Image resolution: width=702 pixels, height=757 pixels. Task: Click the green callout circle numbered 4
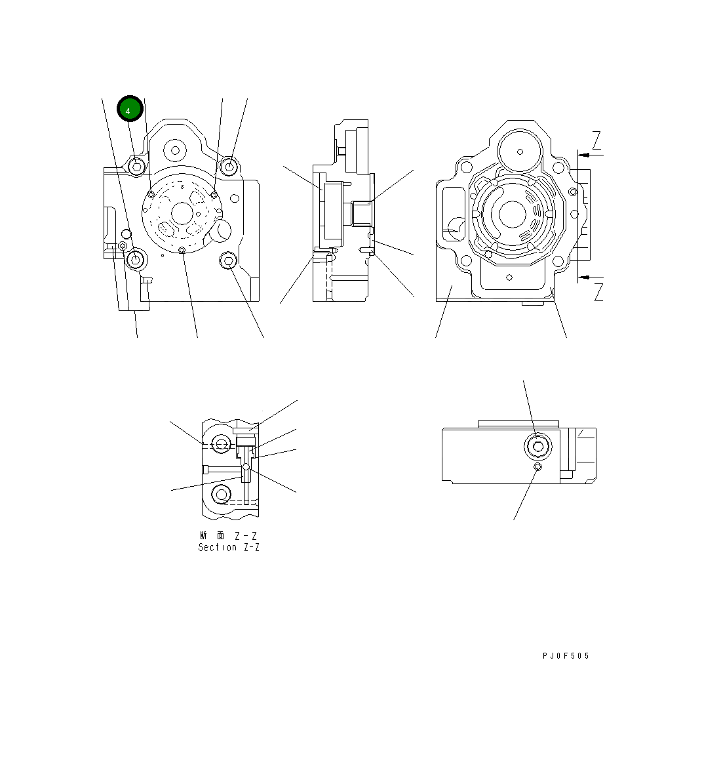pyautogui.click(x=129, y=109)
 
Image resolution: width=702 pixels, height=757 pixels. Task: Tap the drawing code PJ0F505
pyautogui.click(x=566, y=656)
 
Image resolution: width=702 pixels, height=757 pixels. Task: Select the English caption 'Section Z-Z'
pyautogui.click(x=229, y=547)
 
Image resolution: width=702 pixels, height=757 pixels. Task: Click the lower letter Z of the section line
pyautogui.click(x=598, y=293)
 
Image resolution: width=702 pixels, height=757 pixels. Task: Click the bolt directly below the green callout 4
pyautogui.click(x=136, y=167)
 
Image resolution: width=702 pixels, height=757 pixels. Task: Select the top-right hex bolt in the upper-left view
pyautogui.click(x=229, y=167)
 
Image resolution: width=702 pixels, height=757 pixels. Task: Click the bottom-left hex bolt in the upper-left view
pyautogui.click(x=136, y=260)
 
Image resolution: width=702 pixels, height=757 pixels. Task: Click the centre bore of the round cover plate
pyautogui.click(x=182, y=213)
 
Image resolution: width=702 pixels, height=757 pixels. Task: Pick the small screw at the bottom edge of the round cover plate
pyautogui.click(x=182, y=249)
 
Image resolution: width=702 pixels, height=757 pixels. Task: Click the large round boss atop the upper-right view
pyautogui.click(x=520, y=152)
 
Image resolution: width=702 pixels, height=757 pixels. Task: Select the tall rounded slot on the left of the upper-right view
pyautogui.click(x=453, y=214)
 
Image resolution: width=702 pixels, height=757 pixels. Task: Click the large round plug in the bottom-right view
pyautogui.click(x=537, y=447)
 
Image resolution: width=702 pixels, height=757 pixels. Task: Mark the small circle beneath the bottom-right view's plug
pyautogui.click(x=537, y=466)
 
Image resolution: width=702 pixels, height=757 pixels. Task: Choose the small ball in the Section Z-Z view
pyautogui.click(x=246, y=467)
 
